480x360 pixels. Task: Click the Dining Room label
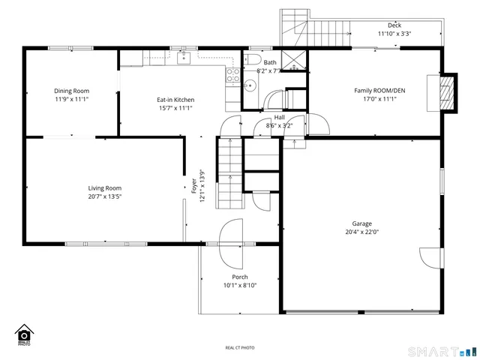click(71, 91)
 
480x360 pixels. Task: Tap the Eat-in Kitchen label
click(175, 99)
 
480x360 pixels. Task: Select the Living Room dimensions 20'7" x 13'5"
click(104, 196)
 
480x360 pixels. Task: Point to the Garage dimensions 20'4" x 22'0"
click(362, 232)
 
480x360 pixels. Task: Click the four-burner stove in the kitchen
click(232, 75)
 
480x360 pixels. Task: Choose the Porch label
click(239, 277)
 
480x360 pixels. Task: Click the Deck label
click(394, 25)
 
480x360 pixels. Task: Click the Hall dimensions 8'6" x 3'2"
click(279, 126)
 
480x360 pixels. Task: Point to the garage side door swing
click(430, 256)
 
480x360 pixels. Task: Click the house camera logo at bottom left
click(24, 334)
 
